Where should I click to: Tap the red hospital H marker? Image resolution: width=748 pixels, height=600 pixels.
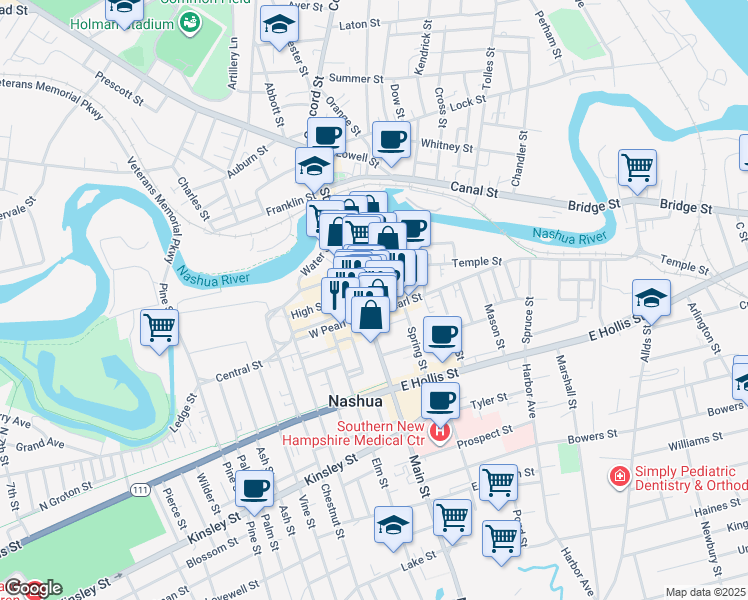click(x=439, y=433)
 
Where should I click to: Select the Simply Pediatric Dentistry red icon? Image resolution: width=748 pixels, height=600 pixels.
click(x=620, y=476)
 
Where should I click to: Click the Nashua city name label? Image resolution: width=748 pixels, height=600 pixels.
click(x=356, y=401)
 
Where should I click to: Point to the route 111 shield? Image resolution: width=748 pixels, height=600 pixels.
click(x=138, y=487)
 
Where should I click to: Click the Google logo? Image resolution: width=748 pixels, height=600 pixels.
click(x=33, y=588)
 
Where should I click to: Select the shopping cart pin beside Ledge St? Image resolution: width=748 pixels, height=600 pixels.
click(x=159, y=327)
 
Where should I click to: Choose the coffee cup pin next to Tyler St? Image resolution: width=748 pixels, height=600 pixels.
click(x=439, y=400)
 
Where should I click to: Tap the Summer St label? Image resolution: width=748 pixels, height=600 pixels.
click(x=349, y=78)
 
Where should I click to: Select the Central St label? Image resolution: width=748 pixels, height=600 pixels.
click(x=238, y=374)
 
